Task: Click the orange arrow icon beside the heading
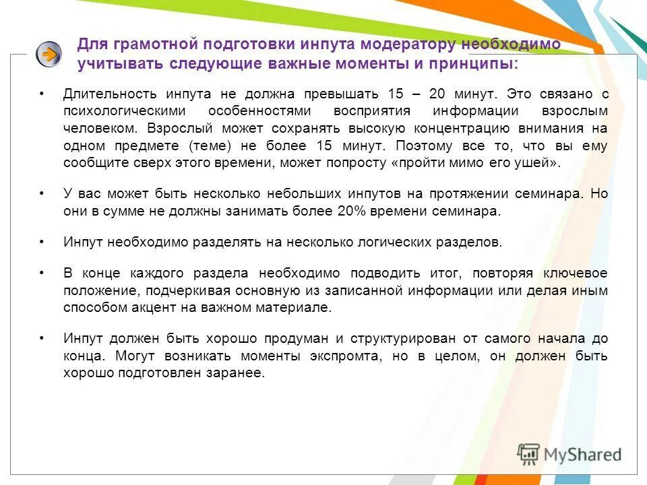[49, 54]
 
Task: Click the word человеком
[94, 128]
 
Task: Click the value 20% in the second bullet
[352, 211]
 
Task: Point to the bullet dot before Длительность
[42, 93]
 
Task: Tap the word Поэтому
[425, 145]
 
